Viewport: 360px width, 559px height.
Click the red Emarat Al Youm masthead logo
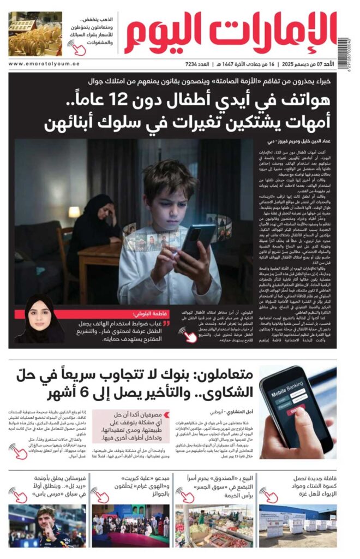tap(229, 33)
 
